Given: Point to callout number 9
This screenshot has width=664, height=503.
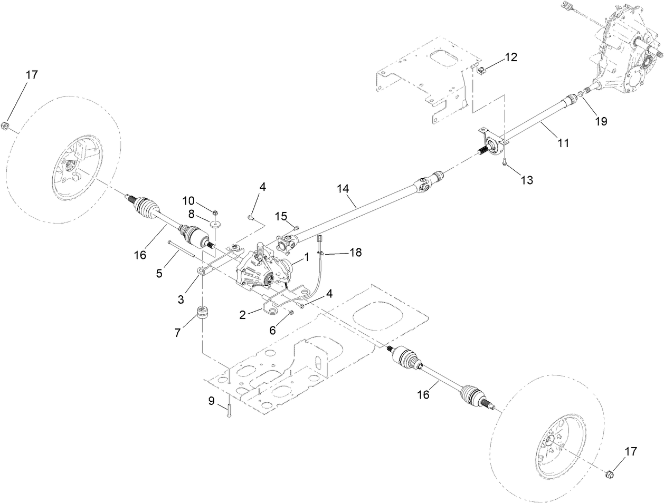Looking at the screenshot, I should coord(211,401).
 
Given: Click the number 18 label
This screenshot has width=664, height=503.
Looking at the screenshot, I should coord(355,253).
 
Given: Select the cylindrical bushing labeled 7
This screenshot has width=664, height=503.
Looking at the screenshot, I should coord(203,314).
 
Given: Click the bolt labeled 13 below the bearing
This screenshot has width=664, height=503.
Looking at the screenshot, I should coord(505,162).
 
